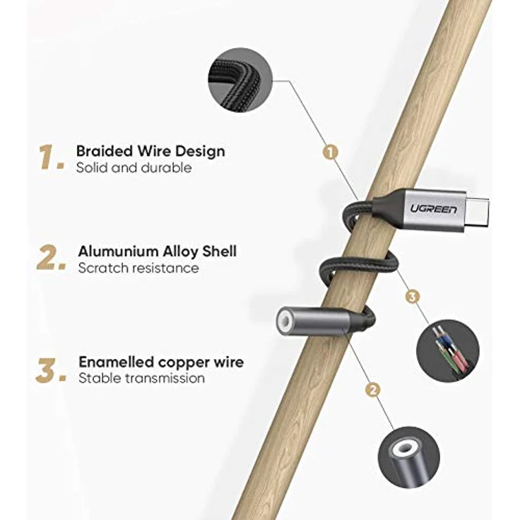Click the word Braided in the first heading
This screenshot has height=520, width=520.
[105, 151]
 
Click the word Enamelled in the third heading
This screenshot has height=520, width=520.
[116, 362]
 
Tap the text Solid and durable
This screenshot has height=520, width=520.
[134, 167]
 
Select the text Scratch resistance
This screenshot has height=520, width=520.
[138, 268]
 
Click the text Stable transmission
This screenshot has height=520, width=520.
[141, 378]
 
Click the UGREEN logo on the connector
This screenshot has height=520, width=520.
[433, 209]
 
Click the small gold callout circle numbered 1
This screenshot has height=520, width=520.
[331, 152]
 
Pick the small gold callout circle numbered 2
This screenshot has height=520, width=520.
[373, 390]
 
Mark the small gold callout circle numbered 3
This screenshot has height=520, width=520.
[412, 296]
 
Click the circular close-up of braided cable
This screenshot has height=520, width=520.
[240, 80]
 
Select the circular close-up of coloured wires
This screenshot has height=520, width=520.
[448, 350]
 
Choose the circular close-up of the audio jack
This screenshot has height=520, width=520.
[409, 457]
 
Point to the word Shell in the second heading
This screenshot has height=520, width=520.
[220, 252]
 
